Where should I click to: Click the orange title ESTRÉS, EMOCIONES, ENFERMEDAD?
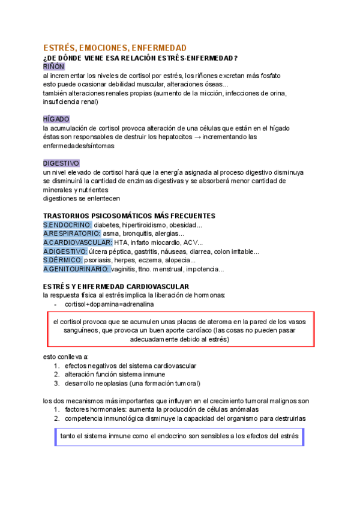[115, 47]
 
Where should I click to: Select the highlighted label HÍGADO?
[56, 119]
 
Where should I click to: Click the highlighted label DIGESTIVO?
[61, 163]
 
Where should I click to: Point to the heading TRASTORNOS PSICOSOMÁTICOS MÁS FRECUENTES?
[129, 215]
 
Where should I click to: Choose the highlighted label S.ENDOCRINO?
[67, 225]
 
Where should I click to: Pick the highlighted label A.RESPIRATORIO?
[71, 233]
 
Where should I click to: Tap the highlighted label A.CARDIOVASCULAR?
[78, 242]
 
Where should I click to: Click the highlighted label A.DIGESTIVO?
[65, 251]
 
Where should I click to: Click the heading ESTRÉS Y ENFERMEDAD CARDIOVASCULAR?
[116, 286]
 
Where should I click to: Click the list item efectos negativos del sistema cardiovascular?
[131, 366]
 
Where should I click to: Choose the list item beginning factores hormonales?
[152, 409]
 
